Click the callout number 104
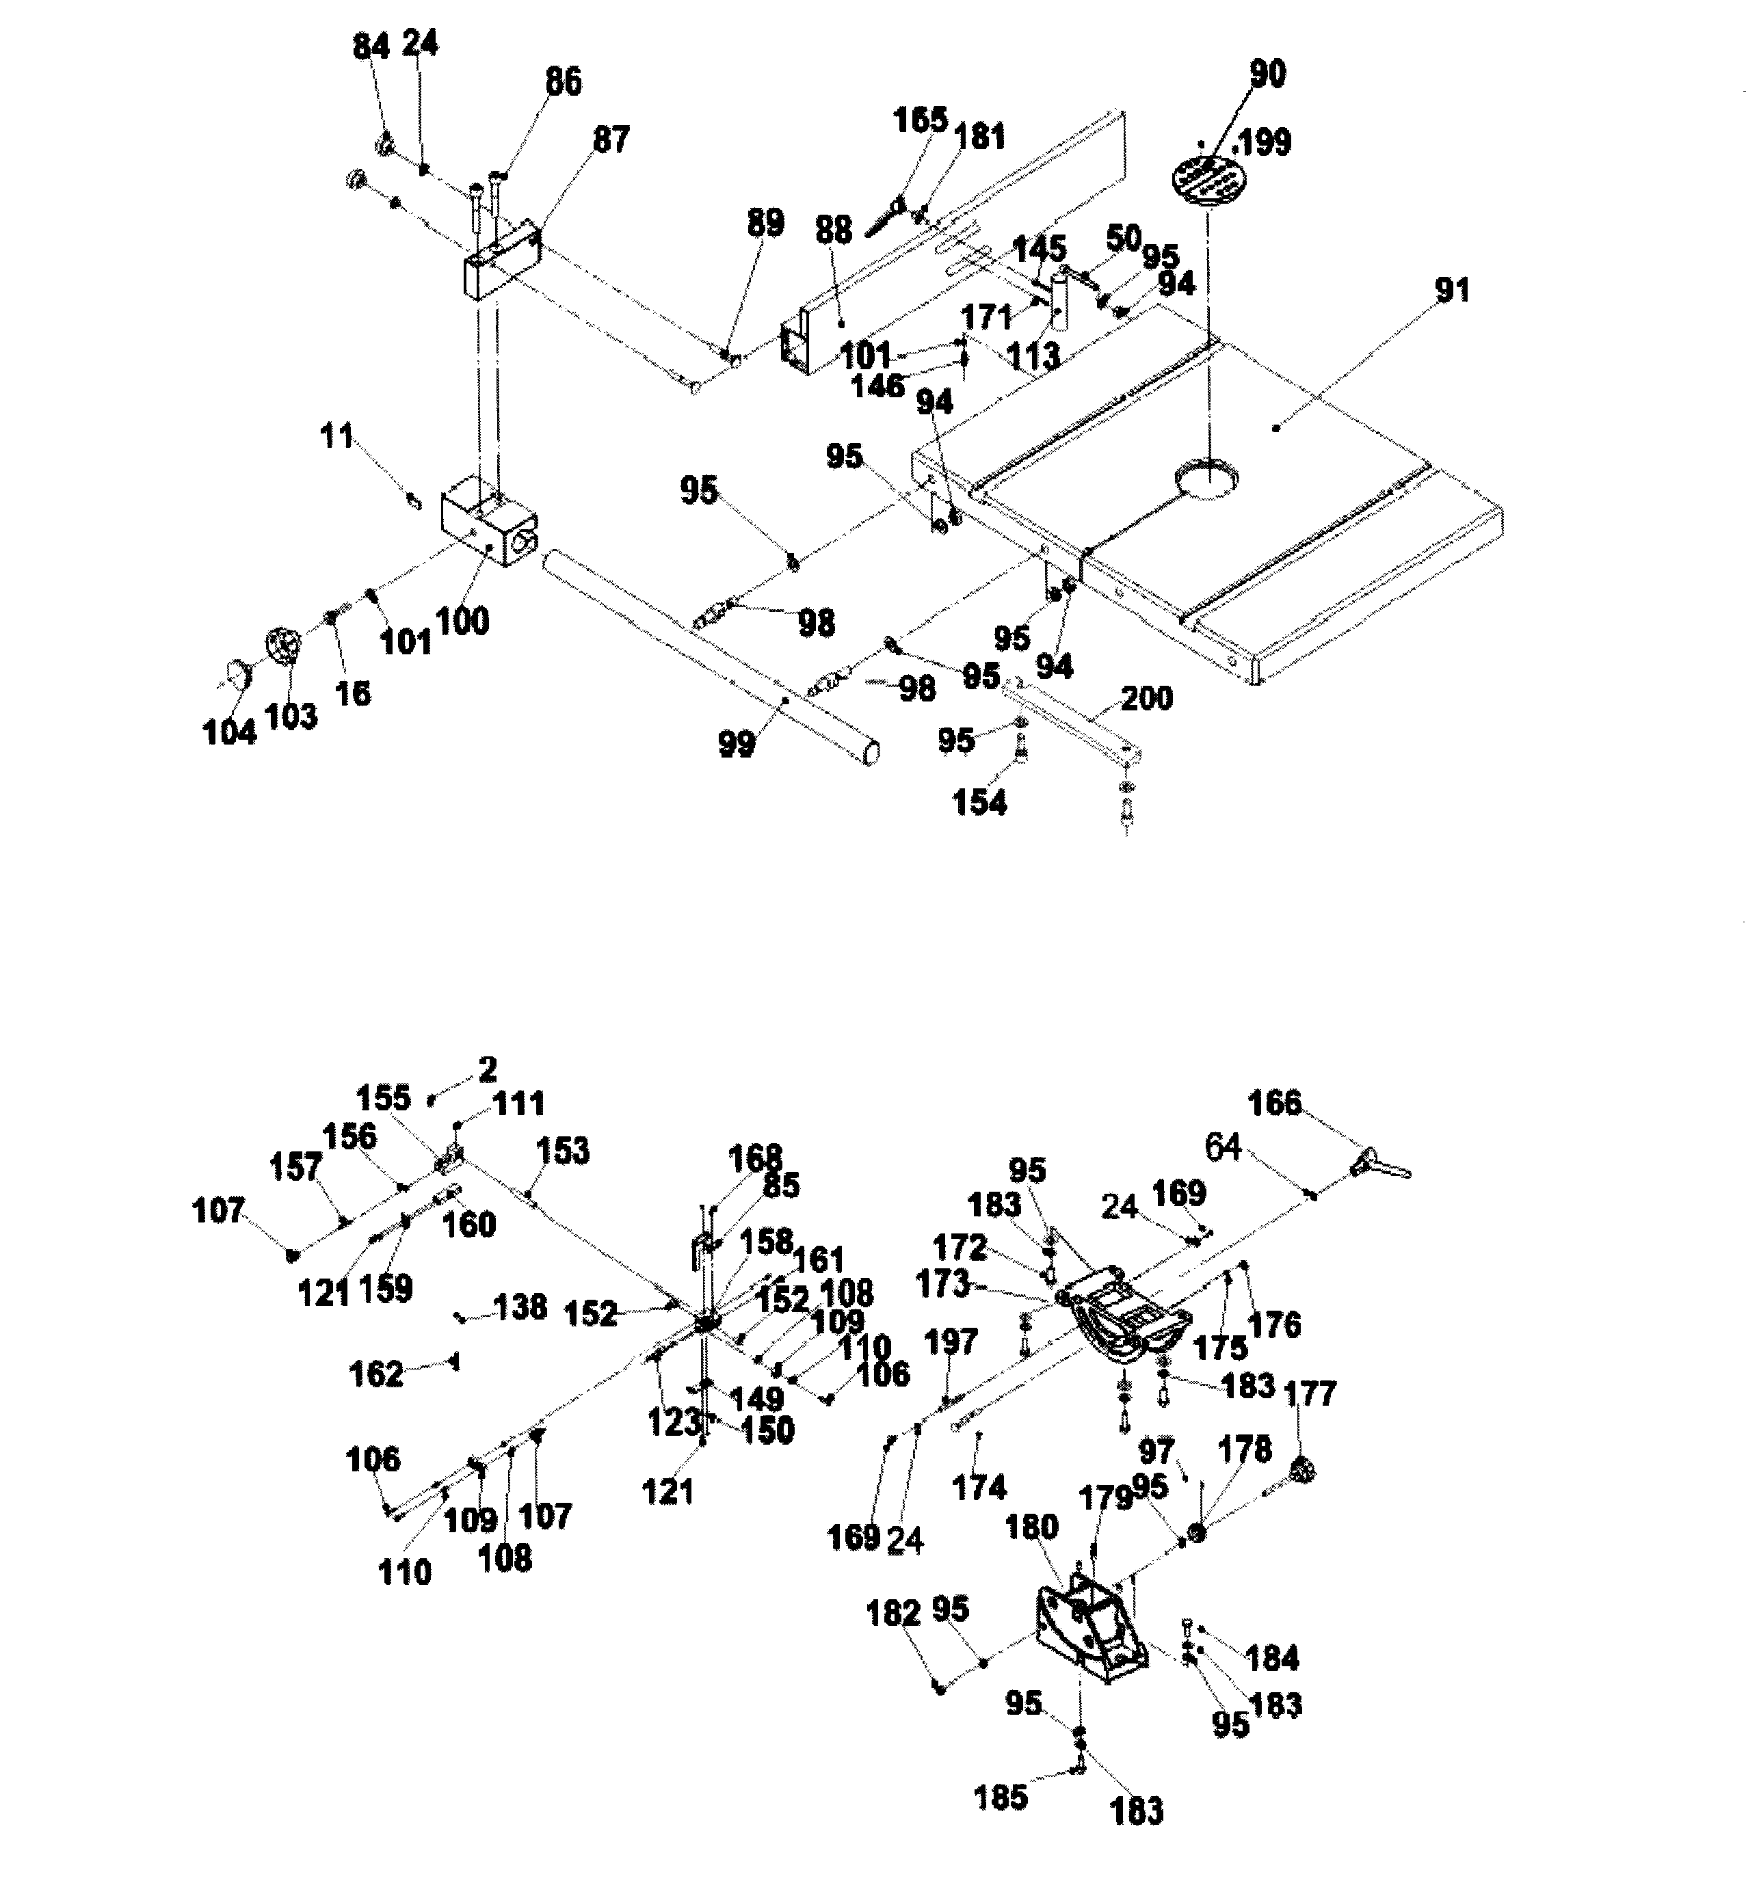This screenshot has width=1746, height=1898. (x=230, y=731)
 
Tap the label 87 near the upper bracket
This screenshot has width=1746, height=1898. (x=610, y=140)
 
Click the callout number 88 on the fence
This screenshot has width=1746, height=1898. (x=833, y=230)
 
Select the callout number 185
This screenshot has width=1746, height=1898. (x=1001, y=1798)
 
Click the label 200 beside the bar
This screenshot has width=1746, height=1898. (x=1147, y=699)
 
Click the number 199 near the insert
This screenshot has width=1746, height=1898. (x=1264, y=143)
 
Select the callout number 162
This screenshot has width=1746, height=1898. (x=376, y=1374)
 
